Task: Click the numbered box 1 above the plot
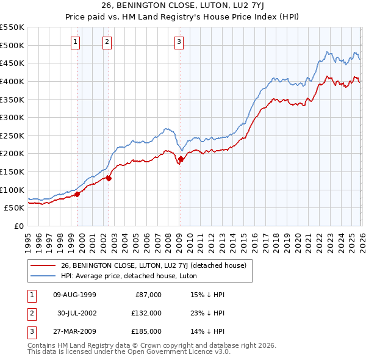click(75, 42)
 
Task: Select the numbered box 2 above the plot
click(107, 42)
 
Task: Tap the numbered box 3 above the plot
click(179, 42)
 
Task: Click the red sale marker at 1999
click(77, 195)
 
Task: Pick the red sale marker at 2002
click(109, 178)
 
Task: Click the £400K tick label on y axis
click(12, 81)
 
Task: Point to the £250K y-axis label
click(12, 135)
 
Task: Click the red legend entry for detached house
click(152, 265)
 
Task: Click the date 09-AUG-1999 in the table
click(74, 295)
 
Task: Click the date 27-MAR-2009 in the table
click(74, 331)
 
